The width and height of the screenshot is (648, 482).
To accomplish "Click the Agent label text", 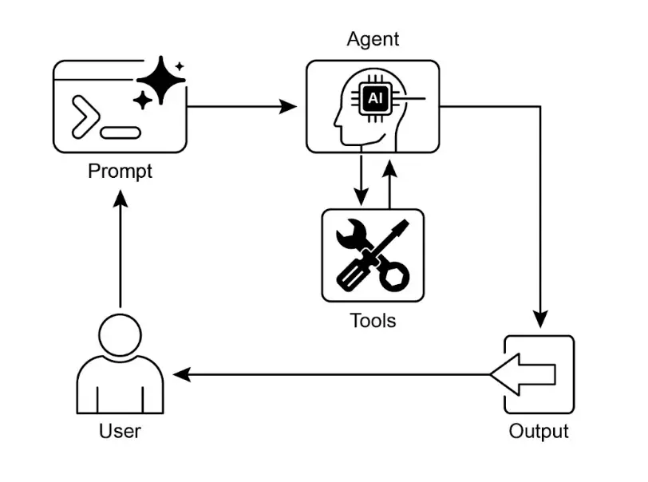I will (x=373, y=39).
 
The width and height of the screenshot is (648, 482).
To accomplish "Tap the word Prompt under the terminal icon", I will (x=120, y=171).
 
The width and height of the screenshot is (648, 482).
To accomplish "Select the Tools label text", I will (x=373, y=321).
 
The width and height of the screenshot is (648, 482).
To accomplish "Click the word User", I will (x=120, y=432).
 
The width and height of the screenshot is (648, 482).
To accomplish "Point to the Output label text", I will (x=539, y=432).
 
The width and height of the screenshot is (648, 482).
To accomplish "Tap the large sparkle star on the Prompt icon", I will (x=161, y=80).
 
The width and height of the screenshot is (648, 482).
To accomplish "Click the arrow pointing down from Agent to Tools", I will (x=362, y=179).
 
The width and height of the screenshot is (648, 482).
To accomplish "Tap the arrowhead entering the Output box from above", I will (x=541, y=319).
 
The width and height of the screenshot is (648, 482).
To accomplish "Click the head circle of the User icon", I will (x=120, y=336).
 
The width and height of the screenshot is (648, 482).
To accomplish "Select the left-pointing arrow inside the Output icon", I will (x=524, y=374).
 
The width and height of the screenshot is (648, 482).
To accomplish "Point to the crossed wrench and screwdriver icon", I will (x=373, y=255).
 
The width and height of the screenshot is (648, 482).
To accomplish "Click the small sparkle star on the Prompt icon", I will (x=143, y=100).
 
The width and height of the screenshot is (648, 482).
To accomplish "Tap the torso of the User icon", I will (x=120, y=387).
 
